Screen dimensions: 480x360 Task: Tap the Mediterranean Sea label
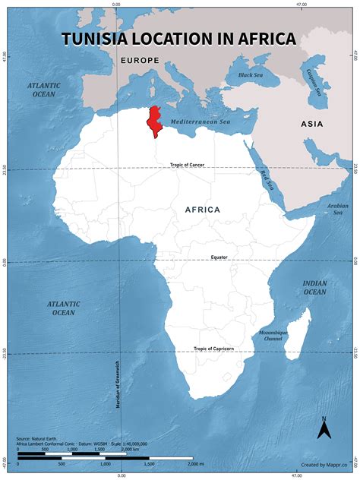[201, 122]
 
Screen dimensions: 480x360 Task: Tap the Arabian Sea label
[336, 208]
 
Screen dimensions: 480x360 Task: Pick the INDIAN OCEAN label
[314, 287]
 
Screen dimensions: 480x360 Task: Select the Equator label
[219, 257]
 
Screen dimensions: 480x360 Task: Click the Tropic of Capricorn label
[213, 349]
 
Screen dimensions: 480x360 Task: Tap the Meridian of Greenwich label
[118, 384]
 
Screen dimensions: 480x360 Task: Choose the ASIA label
[311, 124]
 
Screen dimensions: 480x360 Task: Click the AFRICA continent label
[203, 210]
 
